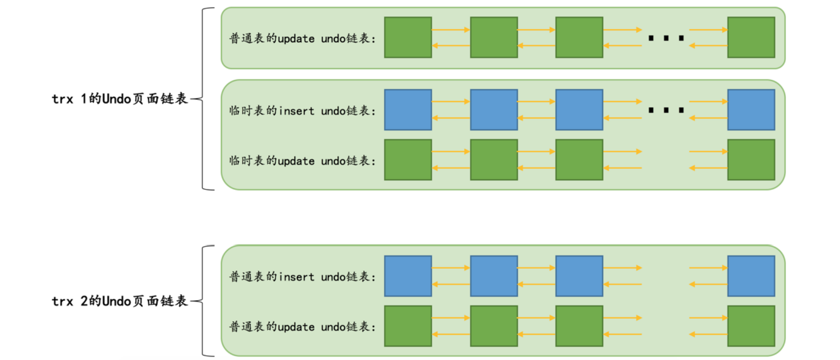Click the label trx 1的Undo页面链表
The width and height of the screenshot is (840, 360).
[x=120, y=99]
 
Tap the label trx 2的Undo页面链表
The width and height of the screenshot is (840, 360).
[x=120, y=301]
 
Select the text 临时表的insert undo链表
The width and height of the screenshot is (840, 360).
[x=302, y=111]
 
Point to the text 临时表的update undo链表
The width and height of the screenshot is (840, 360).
[x=302, y=161]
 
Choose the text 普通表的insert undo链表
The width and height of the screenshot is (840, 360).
[x=302, y=277]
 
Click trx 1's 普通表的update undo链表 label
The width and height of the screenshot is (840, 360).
[x=302, y=38]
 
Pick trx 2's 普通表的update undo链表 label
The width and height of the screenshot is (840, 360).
[x=302, y=327]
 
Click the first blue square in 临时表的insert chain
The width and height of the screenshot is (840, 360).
[x=408, y=110]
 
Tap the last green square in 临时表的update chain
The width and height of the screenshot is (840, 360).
[x=751, y=160]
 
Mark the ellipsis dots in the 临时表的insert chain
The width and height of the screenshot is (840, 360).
[x=666, y=110]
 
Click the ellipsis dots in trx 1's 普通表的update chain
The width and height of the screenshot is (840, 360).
[x=666, y=38]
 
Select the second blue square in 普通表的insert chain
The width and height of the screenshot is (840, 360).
[x=494, y=276]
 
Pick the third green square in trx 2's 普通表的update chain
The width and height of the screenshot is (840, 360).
[x=579, y=326]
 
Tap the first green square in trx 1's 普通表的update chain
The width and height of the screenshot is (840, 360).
[x=408, y=38]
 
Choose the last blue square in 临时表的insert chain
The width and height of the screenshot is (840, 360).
[x=751, y=110]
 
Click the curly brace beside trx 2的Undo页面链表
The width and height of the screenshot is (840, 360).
[x=204, y=301]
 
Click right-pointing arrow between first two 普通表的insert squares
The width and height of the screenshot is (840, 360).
[x=451, y=268]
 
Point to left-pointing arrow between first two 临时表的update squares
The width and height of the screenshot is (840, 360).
[x=451, y=168]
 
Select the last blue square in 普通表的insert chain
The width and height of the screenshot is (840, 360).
[x=751, y=276]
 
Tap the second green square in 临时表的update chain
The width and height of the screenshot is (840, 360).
[x=494, y=160]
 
